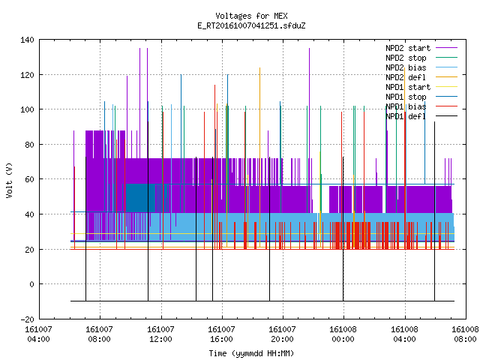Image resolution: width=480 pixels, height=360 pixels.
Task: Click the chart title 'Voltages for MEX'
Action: coord(251,16)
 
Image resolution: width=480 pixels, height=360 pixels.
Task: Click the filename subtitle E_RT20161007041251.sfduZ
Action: coord(251,25)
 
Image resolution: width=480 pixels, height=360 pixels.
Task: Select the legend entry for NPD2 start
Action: coord(408,48)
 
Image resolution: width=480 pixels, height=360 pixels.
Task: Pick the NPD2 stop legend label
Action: coord(406,58)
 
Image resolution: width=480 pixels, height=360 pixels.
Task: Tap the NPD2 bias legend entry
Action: coord(406,67)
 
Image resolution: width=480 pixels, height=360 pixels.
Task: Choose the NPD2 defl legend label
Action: coord(406,77)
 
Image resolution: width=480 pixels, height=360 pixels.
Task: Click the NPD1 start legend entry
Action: coord(408,87)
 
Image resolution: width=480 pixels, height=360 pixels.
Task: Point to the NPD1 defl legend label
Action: coord(406,116)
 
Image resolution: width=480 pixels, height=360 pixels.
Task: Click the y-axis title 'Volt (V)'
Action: coord(9,180)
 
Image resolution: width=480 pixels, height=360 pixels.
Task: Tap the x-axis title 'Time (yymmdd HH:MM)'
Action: coord(251,353)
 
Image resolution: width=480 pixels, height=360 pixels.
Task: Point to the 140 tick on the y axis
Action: coord(27,40)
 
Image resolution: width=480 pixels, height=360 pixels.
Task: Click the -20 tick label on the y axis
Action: coord(27,319)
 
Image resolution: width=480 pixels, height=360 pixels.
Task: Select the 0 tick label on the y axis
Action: coord(31,284)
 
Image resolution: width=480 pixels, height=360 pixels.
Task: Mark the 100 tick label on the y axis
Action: coord(27,109)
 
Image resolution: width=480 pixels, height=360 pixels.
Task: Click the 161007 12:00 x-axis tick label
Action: coord(161,334)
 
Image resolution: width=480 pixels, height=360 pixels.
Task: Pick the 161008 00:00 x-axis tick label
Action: coord(343,334)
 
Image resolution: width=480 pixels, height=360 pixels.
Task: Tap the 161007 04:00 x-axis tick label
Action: coord(39,334)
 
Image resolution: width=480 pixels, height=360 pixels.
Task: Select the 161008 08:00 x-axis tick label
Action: coord(465,334)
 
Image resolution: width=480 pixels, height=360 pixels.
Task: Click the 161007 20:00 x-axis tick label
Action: coord(282,334)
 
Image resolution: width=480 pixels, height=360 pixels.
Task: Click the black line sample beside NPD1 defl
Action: coord(446,116)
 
